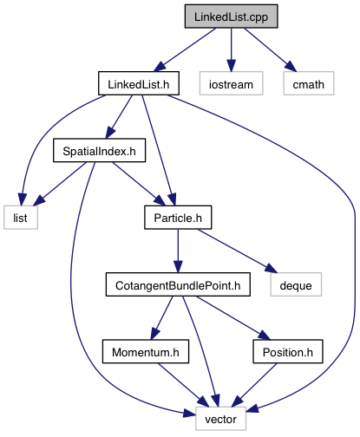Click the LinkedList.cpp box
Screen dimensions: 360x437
coord(232,16)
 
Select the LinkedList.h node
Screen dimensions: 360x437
coord(139,83)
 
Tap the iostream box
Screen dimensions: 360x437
coord(231,83)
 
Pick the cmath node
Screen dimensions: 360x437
coord(309,83)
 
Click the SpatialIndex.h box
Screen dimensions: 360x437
coord(99,150)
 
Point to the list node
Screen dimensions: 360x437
coord(21,218)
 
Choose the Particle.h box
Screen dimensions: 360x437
coord(178,218)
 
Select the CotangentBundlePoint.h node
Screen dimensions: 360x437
coord(178,284)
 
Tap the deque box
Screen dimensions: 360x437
coord(296,284)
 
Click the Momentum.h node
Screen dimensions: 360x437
coord(146,351)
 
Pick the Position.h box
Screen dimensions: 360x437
coord(288,351)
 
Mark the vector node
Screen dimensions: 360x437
coord(220,419)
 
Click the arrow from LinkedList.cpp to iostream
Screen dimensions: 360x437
coord(231,49)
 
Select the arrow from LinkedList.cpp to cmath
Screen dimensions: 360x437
coord(270,49)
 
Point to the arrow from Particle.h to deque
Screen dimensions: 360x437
coord(238,251)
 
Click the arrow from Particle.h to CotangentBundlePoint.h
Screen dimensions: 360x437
coord(178,251)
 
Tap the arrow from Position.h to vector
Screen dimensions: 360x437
coord(254,385)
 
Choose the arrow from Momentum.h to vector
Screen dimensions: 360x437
coord(183,385)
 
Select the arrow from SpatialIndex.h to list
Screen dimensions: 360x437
coord(60,184)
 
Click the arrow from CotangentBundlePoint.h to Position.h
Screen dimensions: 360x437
coord(233,318)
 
